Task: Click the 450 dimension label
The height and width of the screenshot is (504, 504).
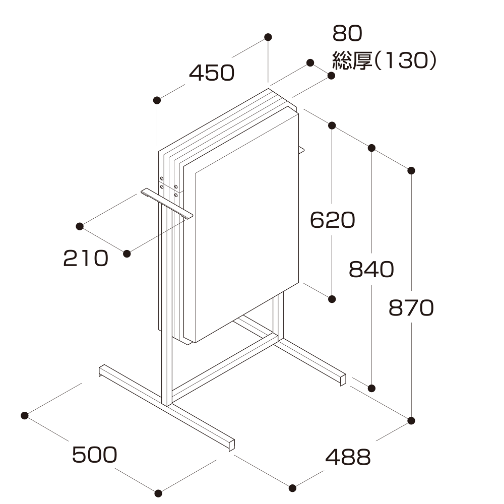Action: click(212, 74)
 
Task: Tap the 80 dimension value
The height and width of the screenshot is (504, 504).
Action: click(347, 34)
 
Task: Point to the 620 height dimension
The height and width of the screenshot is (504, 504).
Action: click(332, 220)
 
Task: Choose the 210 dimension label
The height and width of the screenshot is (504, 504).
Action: click(86, 259)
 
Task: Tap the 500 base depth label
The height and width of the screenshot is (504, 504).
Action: click(95, 455)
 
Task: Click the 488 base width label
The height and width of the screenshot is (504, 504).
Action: click(348, 458)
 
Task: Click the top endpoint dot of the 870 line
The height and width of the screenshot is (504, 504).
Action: click(412, 171)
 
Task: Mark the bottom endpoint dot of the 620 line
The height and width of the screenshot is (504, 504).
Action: click(332, 299)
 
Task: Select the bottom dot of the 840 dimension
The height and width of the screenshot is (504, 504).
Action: click(372, 388)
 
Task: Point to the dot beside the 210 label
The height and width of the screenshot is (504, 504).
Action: click(127, 254)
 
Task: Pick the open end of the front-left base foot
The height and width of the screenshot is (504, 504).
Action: click(231, 444)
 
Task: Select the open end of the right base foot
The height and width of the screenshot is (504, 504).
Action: click(343, 379)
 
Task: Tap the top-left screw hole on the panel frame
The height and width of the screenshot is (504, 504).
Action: click(162, 178)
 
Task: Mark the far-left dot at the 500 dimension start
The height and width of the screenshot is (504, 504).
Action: click(24, 415)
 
